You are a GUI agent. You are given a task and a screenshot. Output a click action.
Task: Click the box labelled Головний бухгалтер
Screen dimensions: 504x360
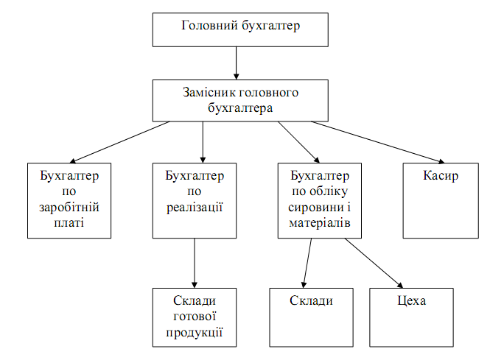(240, 30)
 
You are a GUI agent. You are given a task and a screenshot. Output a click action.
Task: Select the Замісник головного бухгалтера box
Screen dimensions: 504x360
(240, 101)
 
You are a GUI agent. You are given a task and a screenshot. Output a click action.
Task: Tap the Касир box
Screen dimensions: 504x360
(441, 201)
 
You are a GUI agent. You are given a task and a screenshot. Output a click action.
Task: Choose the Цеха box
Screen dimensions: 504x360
(411, 317)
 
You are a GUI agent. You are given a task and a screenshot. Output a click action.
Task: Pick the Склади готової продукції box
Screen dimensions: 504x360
(195, 317)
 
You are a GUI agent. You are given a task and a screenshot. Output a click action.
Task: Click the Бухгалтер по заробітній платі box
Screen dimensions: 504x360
(69, 201)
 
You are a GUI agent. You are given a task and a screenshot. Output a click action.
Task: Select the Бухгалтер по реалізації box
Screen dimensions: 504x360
(195, 201)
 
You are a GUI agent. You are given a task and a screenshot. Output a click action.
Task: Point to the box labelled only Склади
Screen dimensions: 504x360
(311, 317)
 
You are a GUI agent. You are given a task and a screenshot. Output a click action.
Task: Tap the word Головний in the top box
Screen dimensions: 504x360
(209, 25)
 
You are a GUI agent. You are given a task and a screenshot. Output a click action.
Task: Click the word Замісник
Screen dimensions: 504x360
(209, 93)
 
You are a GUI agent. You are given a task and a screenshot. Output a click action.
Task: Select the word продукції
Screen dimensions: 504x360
(195, 332)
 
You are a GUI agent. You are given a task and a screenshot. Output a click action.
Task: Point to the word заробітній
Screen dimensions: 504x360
(69, 208)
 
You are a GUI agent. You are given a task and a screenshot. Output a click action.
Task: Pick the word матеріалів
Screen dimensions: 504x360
(320, 223)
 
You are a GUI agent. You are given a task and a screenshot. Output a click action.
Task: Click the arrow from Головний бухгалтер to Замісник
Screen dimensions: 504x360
(237, 63)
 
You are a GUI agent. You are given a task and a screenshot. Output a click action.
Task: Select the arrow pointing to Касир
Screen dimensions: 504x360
(378, 142)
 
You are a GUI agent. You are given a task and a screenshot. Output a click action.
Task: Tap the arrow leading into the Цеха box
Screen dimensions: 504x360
(374, 263)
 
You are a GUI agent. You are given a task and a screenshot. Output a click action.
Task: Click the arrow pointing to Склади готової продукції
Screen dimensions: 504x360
(195, 264)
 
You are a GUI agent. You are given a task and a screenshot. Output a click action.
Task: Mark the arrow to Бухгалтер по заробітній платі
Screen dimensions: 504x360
(119, 142)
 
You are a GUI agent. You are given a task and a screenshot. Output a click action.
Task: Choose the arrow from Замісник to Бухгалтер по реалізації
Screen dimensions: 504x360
(203, 142)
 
